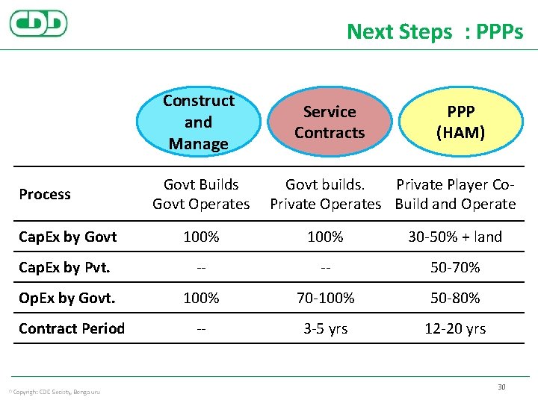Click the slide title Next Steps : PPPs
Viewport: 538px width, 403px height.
(435, 31)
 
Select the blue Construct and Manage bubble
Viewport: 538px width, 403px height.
(199, 122)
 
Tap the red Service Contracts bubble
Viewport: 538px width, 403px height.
(330, 122)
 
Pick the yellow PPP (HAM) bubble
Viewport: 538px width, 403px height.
(460, 122)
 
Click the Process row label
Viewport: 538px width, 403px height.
(45, 194)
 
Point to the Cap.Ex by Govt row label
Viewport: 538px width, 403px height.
(67, 237)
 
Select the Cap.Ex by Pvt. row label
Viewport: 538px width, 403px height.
(64, 267)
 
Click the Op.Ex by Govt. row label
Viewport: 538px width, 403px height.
(67, 298)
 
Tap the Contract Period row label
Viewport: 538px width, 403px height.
(72, 328)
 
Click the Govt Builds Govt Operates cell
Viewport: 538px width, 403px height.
(201, 194)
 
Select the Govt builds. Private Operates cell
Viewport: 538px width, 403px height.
(326, 194)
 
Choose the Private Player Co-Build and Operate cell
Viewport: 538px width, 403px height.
(455, 194)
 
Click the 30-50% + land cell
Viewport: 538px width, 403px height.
(455, 237)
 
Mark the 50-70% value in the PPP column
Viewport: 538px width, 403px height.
(455, 267)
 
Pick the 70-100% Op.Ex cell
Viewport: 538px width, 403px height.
(326, 298)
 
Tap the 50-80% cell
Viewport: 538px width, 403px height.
(455, 298)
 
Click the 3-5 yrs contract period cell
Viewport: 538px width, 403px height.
(326, 328)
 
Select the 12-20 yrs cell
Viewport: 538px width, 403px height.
(455, 328)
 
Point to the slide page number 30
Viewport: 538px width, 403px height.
(501, 387)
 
